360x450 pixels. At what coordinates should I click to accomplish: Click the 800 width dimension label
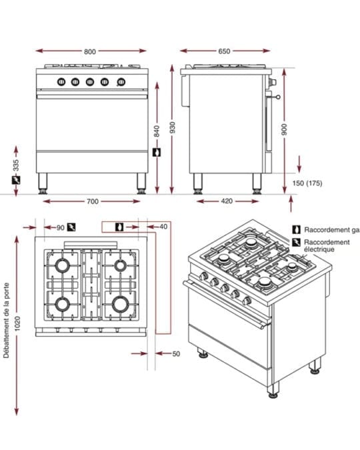pyautogui.click(x=90, y=51)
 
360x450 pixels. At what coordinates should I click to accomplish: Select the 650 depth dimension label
pyautogui.click(x=224, y=51)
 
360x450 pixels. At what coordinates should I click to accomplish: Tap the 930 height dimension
pyautogui.click(x=172, y=127)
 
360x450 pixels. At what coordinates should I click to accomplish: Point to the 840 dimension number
pyautogui.click(x=157, y=131)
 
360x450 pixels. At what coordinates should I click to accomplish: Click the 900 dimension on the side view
pyautogui.click(x=284, y=130)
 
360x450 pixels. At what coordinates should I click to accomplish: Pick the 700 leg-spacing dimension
pyautogui.click(x=93, y=201)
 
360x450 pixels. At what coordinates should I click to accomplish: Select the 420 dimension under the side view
pyautogui.click(x=227, y=201)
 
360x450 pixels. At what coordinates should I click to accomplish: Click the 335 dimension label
pyautogui.click(x=16, y=165)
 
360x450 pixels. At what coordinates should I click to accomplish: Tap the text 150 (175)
pyautogui.click(x=307, y=183)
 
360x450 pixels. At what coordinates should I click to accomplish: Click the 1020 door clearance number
pyautogui.click(x=17, y=323)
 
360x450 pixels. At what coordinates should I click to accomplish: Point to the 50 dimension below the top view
pyautogui.click(x=176, y=354)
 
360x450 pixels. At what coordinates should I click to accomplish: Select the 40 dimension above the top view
pyautogui.click(x=163, y=227)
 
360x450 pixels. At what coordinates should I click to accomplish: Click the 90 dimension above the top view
pyautogui.click(x=60, y=228)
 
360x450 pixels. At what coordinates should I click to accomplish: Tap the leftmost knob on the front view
pyautogui.click(x=61, y=82)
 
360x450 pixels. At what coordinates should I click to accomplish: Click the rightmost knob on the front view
pyautogui.click(x=121, y=82)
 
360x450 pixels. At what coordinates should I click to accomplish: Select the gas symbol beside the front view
pyautogui.click(x=157, y=152)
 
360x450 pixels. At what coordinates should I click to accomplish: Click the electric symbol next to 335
pyautogui.click(x=16, y=181)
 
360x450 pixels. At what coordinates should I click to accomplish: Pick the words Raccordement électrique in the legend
pyautogui.click(x=327, y=245)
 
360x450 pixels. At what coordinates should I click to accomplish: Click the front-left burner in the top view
pyautogui.click(x=62, y=304)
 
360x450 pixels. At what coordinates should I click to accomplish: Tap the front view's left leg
pyautogui.click(x=43, y=183)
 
